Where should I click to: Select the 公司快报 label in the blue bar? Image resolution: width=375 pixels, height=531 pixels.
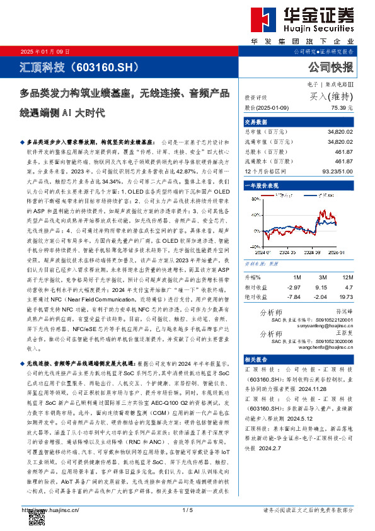tap(331, 66)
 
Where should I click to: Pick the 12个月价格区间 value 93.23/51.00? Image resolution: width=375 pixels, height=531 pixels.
tap(336, 172)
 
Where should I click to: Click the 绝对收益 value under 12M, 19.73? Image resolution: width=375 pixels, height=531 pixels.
tap(345, 296)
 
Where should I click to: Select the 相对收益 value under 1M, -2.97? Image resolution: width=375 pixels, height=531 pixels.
tap(293, 287)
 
